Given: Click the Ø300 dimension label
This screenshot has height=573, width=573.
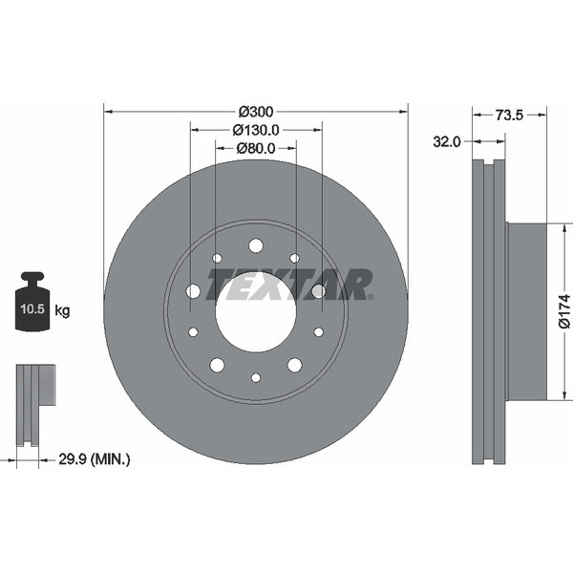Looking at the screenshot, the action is click(256, 112).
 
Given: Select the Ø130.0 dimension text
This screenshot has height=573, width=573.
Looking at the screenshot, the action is click(256, 130).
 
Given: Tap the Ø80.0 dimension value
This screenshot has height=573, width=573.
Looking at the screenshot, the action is click(256, 148).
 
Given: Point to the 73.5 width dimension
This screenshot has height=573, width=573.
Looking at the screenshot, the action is click(509, 116).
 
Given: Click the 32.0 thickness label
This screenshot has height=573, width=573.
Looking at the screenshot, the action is click(447, 141).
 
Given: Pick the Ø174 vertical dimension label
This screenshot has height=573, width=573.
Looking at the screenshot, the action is click(564, 310).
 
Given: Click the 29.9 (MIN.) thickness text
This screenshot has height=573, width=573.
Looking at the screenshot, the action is click(95, 459).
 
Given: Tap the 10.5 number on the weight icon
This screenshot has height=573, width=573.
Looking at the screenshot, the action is click(32, 309).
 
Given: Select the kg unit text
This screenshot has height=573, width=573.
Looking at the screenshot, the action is click(62, 311).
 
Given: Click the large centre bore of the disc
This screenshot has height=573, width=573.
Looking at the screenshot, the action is click(256, 311).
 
